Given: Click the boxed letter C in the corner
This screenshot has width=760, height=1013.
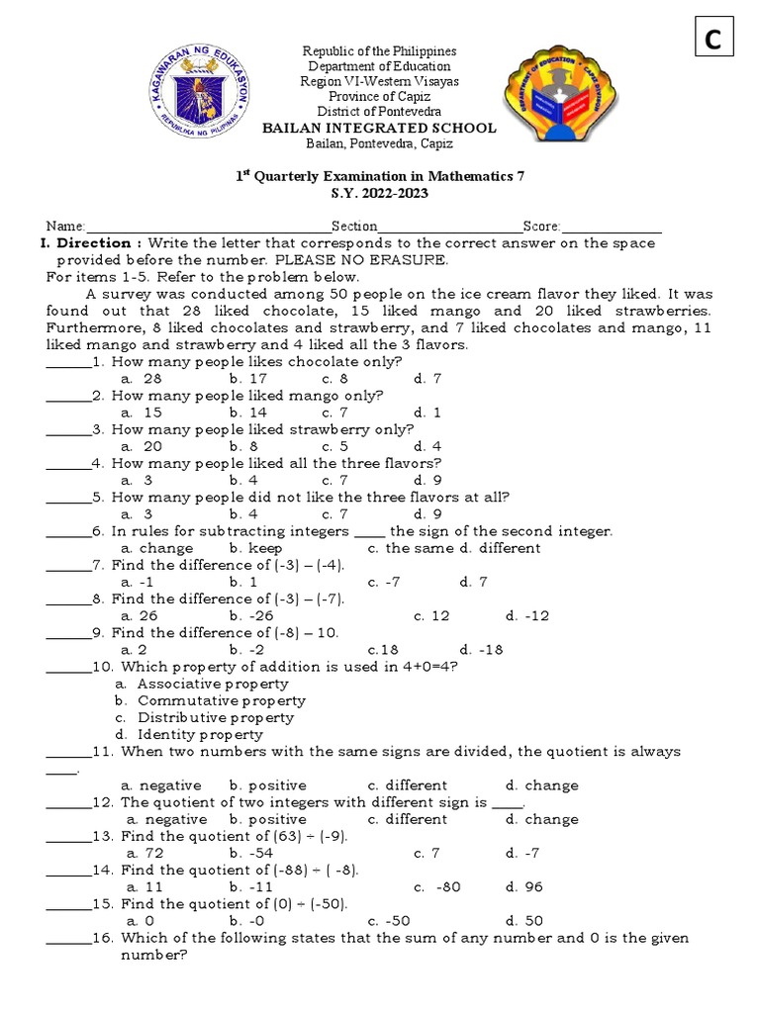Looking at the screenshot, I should [712, 40].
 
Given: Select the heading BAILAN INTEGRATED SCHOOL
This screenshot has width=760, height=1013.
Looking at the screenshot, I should [378, 129].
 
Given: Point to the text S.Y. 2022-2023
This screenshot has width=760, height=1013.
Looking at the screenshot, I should [379, 194].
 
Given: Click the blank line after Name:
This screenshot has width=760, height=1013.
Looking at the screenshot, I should [209, 228].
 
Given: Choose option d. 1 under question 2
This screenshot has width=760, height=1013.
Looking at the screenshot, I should [427, 413].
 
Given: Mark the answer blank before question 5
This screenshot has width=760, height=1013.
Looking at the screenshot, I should [67, 498].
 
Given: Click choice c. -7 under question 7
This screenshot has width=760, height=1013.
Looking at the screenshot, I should [384, 582].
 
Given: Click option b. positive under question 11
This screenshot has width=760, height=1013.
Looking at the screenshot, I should [267, 785].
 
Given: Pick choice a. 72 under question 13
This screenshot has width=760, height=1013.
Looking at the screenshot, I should [144, 853].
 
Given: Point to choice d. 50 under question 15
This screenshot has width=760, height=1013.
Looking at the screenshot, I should [522, 921].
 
